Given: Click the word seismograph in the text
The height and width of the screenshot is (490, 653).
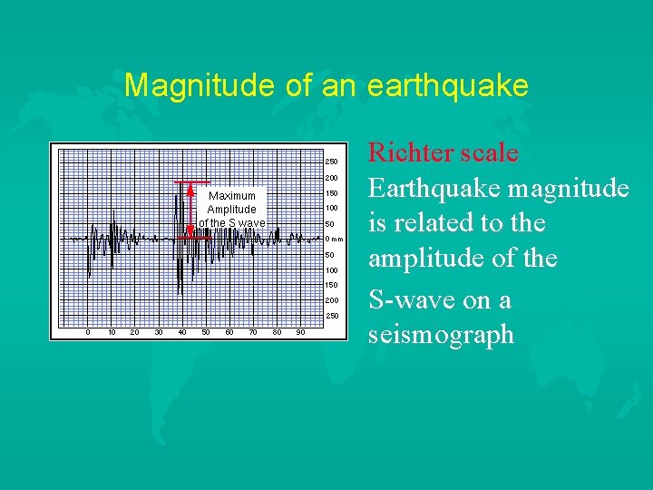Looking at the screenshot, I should click(x=441, y=335).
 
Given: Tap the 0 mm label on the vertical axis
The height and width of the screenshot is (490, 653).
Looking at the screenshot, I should click(x=334, y=240).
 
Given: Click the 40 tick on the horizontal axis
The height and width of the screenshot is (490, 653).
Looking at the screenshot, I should click(x=182, y=332).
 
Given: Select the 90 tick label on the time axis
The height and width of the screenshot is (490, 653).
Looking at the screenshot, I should click(x=300, y=332).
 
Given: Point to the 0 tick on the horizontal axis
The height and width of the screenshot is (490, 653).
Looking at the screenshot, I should click(x=88, y=332).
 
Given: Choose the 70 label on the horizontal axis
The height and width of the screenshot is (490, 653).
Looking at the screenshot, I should click(x=253, y=332).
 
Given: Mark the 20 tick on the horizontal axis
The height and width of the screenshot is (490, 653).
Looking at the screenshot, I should click(x=135, y=332).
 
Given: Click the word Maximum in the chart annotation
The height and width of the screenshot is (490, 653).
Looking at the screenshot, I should click(x=232, y=196).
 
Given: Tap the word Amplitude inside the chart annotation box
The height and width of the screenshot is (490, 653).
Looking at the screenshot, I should click(x=232, y=210).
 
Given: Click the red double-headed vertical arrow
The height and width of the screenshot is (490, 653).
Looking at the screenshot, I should click(x=190, y=209).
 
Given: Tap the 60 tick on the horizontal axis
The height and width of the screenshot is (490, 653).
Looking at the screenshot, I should click(x=229, y=332).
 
